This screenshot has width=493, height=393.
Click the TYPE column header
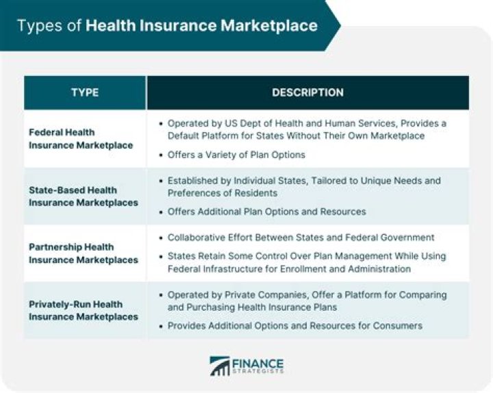click(85, 92)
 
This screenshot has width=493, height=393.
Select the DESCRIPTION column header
click(307, 92)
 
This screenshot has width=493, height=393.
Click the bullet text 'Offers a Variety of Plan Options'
click(236, 155)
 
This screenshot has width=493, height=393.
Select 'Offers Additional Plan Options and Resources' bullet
click(266, 212)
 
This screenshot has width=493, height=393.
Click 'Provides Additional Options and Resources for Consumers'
click(294, 326)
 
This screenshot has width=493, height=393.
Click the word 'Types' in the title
click(38, 26)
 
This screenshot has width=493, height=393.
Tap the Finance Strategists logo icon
click(220, 366)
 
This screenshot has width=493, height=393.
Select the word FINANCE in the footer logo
click(258, 363)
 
